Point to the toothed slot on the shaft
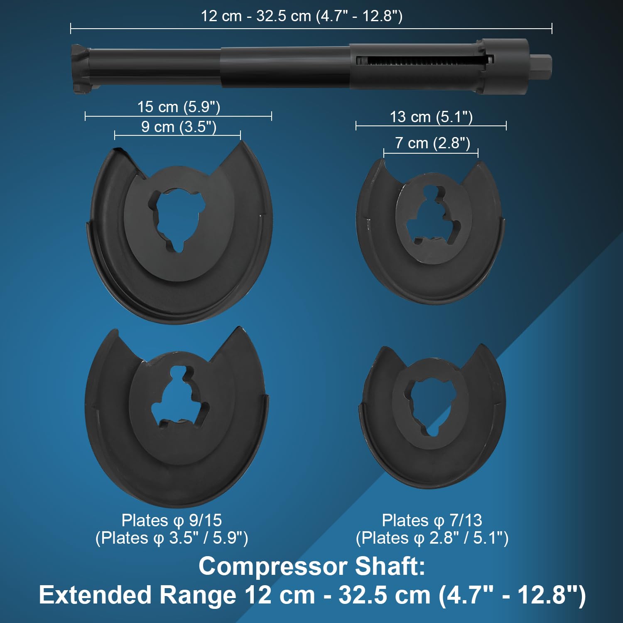point(424,61)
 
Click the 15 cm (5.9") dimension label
point(179,107)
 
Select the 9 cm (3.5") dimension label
point(179,127)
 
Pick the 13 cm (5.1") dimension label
point(431,117)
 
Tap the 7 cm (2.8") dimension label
point(432,143)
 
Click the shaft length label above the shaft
point(302,16)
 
